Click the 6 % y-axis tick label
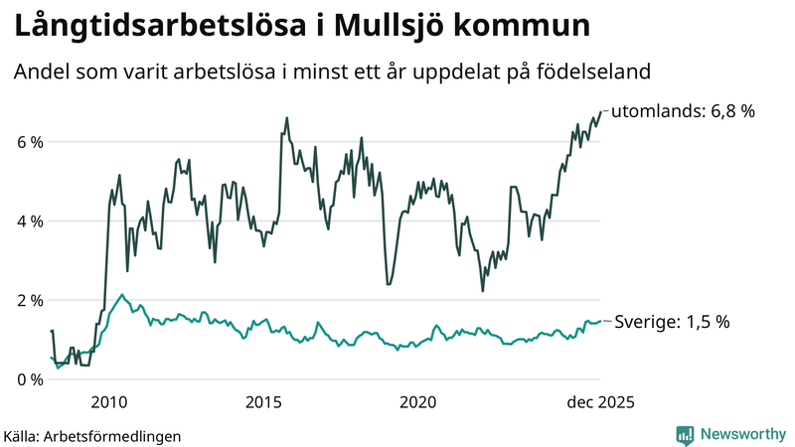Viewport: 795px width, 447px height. tap(29, 142)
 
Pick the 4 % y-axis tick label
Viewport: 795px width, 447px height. tap(29, 221)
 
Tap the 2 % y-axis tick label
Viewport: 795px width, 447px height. tap(29, 300)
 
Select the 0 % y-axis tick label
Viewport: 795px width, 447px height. tap(29, 379)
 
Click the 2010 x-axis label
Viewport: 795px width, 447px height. tap(109, 402)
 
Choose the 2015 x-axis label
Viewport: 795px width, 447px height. tap(264, 402)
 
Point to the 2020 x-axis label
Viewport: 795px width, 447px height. tap(418, 402)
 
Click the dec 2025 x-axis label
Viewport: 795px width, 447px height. tap(599, 402)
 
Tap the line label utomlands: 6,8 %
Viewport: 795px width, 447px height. tap(683, 111)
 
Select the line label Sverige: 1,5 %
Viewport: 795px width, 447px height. tap(673, 322)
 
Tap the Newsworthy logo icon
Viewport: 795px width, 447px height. tap(685, 434)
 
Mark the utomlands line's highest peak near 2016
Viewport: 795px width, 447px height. tap(287, 118)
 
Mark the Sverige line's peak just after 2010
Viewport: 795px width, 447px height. tap(122, 294)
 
